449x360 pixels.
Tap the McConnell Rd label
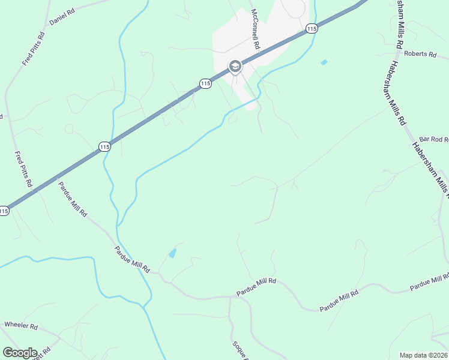coord(255,29)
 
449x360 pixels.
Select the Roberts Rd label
coord(420,54)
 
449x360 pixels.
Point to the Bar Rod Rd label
coord(433,139)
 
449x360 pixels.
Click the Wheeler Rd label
coord(21,326)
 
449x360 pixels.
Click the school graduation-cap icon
coord(235,66)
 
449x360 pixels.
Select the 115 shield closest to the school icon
coord(205,84)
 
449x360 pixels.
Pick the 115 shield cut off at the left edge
coord(4,211)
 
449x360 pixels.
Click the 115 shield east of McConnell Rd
coord(310,28)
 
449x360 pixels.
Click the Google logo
coord(19,353)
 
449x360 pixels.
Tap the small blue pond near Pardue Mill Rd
coord(173,253)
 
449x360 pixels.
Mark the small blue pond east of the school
coord(324,62)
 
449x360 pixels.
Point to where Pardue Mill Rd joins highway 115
coord(56,178)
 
